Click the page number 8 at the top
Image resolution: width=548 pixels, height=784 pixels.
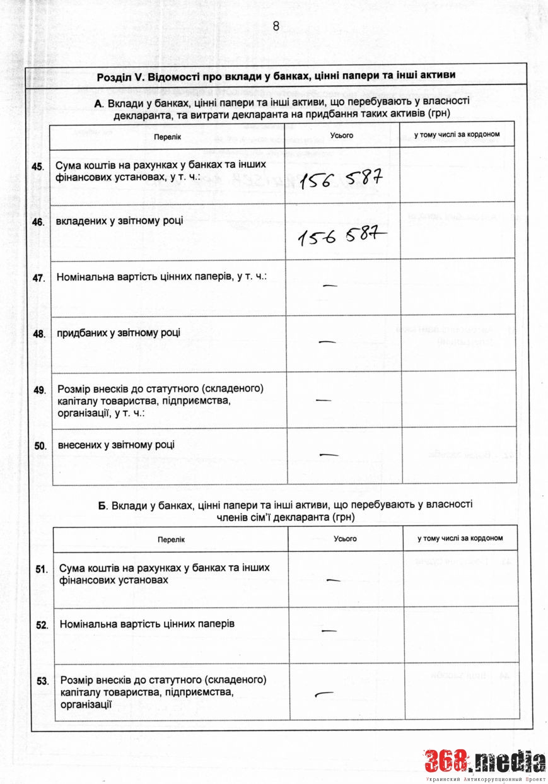pyautogui.click(x=276, y=26)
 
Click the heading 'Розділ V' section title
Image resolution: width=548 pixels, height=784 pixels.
pyautogui.click(x=276, y=76)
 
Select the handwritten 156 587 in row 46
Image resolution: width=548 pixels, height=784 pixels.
pyautogui.click(x=341, y=237)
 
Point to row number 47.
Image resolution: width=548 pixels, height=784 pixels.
pyautogui.click(x=39, y=278)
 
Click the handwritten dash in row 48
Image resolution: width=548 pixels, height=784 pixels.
pyautogui.click(x=327, y=342)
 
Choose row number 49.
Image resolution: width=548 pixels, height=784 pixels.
pyautogui.click(x=40, y=390)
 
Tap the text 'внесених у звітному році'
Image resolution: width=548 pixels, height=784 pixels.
pyautogui.click(x=116, y=445)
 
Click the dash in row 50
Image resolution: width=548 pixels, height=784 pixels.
pyautogui.click(x=329, y=454)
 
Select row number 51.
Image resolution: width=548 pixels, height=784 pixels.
pyautogui.click(x=42, y=569)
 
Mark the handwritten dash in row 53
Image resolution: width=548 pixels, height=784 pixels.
pyautogui.click(x=324, y=694)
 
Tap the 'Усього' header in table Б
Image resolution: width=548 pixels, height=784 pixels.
pyautogui.click(x=345, y=539)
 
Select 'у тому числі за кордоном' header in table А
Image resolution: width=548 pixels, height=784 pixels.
pyautogui.click(x=457, y=135)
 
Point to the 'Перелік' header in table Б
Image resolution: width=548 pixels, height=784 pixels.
pyautogui.click(x=172, y=540)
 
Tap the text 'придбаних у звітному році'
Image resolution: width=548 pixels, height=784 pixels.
pyautogui.click(x=119, y=333)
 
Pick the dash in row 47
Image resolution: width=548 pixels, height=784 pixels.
pyautogui.click(x=330, y=286)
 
